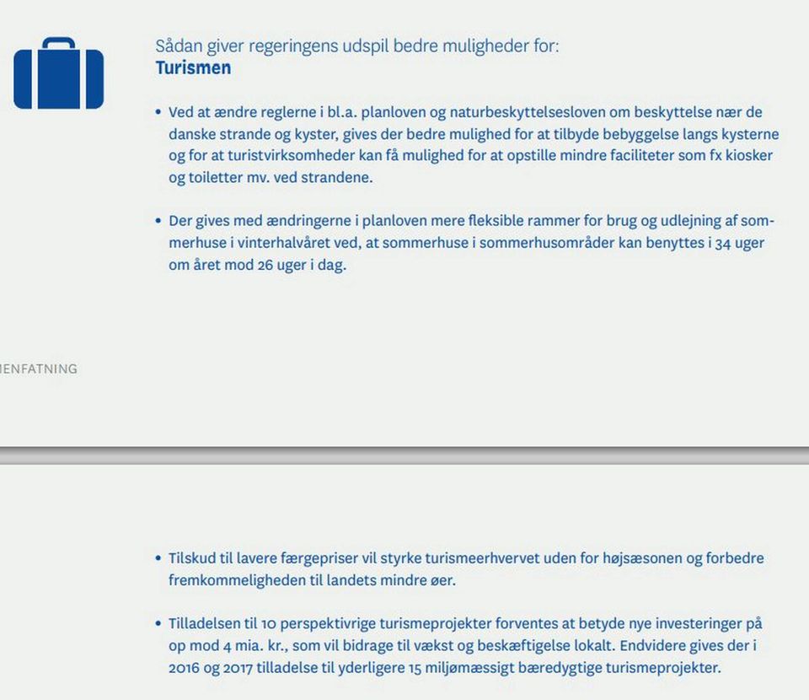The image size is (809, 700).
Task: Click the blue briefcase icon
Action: point(58,78)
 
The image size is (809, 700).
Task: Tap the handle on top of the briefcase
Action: point(58,43)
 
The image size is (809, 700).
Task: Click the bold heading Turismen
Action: point(193,68)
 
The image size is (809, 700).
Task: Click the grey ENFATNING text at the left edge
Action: point(39,369)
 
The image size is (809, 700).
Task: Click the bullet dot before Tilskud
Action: point(158,558)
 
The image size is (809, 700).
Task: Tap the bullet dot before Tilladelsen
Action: point(158,624)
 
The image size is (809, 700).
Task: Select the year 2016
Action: point(185,668)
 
